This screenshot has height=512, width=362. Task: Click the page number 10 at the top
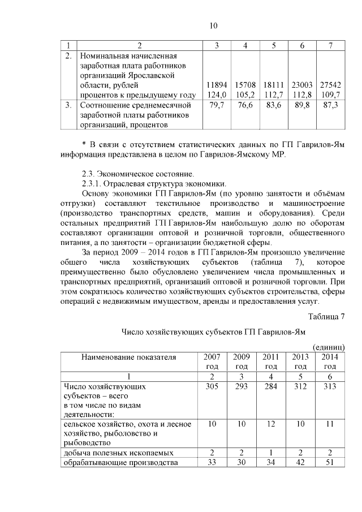[213, 26]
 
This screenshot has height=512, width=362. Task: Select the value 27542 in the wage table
[329, 85]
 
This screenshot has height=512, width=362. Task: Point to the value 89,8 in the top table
[302, 105]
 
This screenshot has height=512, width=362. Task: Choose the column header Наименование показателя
[128, 357]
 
